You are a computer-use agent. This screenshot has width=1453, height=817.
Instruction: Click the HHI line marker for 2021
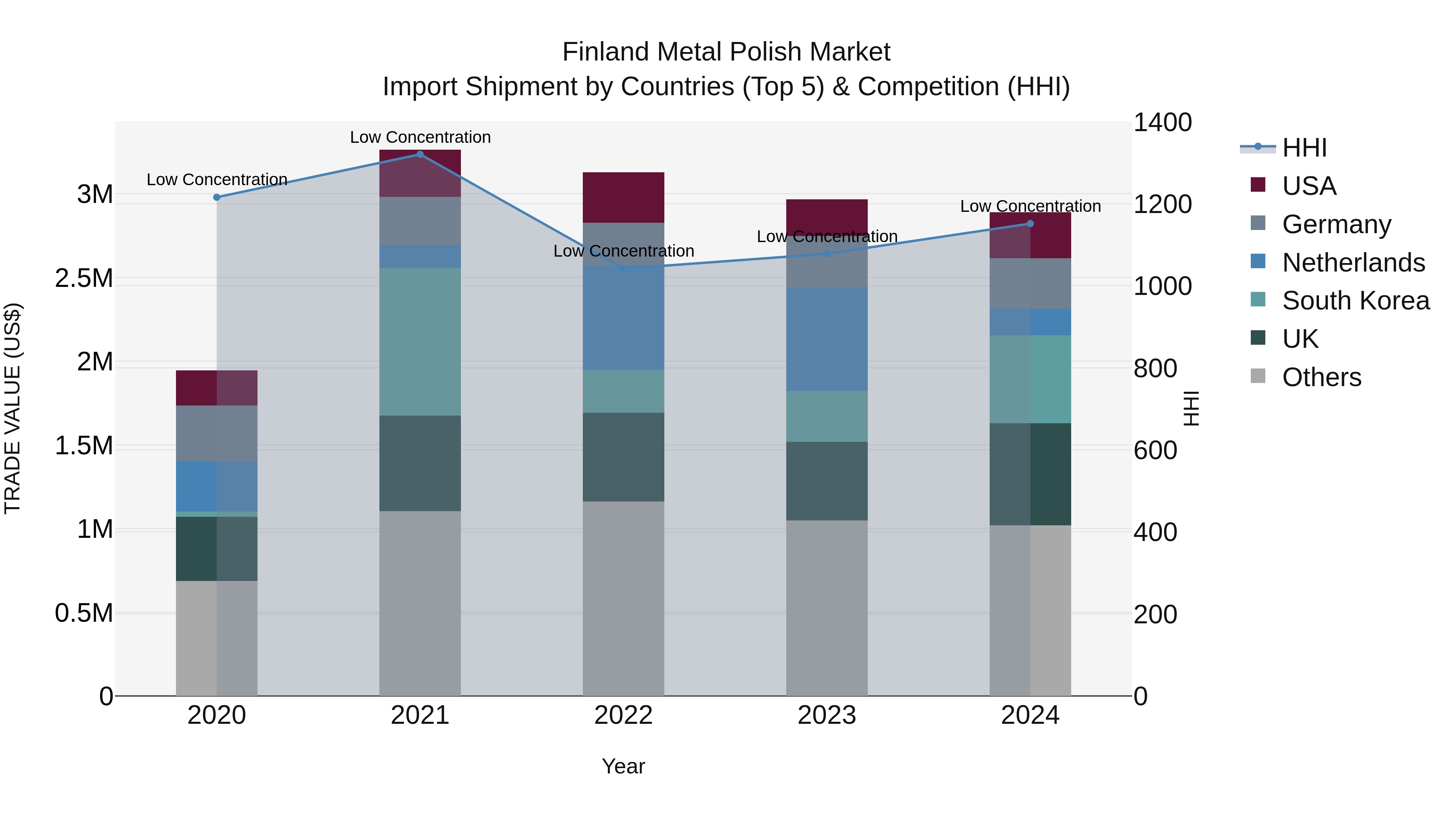coord(420,155)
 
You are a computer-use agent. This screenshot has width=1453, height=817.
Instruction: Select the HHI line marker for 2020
coord(217,197)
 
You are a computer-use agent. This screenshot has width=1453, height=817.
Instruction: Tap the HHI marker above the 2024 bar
coord(1030,224)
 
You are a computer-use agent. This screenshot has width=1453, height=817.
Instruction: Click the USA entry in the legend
coord(1309,186)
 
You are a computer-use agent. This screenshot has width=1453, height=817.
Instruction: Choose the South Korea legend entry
coord(1355,301)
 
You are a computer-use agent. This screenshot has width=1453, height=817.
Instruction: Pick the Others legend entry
coord(1321,377)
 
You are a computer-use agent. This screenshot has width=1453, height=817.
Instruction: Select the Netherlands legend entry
coord(1353,263)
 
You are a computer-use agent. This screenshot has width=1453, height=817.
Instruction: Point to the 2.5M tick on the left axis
coord(84,278)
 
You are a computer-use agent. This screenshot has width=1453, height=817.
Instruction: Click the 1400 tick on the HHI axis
coord(1162,123)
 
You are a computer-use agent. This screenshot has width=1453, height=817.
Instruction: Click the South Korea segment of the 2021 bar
coord(420,342)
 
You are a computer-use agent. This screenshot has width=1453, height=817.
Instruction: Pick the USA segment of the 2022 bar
coord(623,197)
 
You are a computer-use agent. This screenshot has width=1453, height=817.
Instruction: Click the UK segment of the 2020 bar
coord(217,549)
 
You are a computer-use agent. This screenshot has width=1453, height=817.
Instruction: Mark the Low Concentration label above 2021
coord(420,137)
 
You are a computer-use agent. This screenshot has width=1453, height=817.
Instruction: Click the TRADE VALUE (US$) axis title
coord(13,408)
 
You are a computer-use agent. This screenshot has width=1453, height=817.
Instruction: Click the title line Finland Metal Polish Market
coord(726,52)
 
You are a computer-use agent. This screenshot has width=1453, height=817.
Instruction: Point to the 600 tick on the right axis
coord(1155,451)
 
